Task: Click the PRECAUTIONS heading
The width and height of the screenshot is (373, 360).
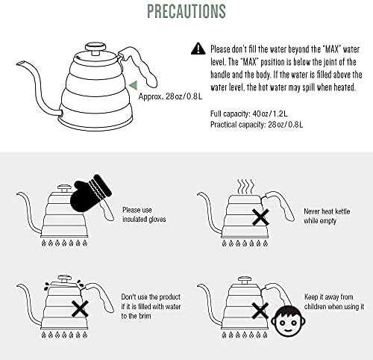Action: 186,11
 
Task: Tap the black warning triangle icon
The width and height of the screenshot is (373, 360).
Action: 198,49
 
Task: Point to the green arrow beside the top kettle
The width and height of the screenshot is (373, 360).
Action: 134,85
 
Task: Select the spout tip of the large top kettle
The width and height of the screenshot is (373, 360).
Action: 20,63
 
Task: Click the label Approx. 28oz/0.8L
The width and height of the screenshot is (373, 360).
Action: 170,96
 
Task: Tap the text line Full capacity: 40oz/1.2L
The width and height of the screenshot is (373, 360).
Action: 249,114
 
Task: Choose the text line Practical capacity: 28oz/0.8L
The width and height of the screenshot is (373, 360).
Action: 257,124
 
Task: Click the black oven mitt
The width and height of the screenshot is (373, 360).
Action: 91,192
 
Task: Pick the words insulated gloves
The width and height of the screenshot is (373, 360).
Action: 144,220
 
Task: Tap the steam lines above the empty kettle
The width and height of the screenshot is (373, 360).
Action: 246,187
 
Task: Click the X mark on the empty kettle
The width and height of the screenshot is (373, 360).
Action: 260,217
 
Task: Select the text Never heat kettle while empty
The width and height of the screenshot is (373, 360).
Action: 327,216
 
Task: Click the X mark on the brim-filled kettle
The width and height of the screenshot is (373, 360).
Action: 80,308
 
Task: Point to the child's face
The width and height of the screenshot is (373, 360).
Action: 288,322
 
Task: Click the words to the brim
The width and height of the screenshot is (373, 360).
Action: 136,316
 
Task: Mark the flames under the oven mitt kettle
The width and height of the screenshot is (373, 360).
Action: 64,243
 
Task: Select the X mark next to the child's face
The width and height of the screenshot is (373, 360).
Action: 260,311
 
